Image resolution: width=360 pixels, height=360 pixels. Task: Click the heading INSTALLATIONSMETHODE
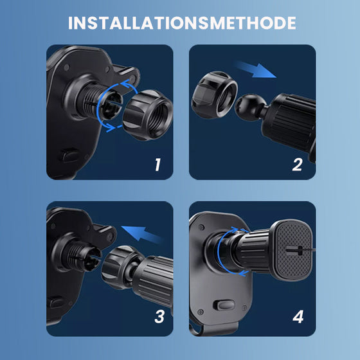pyautogui.click(x=182, y=23)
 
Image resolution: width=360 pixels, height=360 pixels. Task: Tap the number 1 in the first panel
pyautogui.click(x=157, y=165)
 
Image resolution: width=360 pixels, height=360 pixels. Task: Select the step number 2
pyautogui.click(x=296, y=165)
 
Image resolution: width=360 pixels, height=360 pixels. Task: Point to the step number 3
pyautogui.click(x=159, y=316)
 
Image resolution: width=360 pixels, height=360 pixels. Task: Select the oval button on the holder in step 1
pyautogui.click(x=69, y=157)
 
